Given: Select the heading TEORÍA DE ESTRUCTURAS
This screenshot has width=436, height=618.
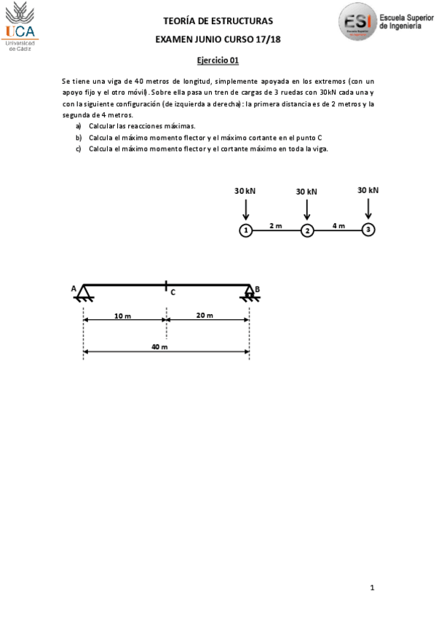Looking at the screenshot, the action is [x=218, y=21].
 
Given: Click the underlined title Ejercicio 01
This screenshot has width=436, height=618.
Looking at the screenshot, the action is [x=218, y=61].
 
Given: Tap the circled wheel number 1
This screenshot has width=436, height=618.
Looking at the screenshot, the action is [x=246, y=230].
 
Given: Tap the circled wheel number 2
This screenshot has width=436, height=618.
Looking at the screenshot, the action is [x=307, y=230].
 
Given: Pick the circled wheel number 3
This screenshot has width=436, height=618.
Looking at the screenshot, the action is [x=368, y=230].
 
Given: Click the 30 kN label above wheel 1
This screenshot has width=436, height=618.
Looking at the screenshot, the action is [x=245, y=191].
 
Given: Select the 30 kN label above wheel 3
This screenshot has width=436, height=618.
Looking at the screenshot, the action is [x=368, y=190].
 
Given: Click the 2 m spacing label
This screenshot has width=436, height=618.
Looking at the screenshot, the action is [x=276, y=225].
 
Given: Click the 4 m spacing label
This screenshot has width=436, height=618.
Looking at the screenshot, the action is [x=338, y=225].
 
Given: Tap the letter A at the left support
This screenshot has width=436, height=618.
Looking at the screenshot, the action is [x=74, y=289].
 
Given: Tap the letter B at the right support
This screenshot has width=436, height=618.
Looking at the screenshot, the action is [x=257, y=289].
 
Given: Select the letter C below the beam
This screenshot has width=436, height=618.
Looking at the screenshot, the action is [x=173, y=292].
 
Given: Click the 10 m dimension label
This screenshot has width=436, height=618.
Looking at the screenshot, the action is [x=122, y=316].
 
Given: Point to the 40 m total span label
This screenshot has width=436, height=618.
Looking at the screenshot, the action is [x=159, y=347].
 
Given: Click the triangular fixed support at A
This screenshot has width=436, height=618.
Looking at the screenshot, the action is [x=85, y=294].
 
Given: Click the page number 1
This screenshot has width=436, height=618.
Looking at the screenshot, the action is [x=372, y=587].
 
